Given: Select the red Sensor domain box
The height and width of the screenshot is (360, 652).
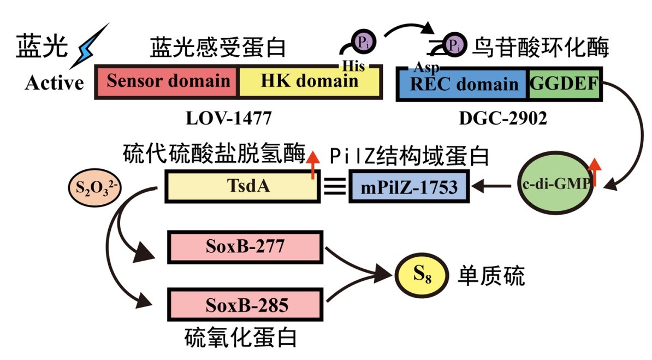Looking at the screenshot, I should point(167,82).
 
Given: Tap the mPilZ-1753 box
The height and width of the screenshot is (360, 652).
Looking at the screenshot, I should point(408,187).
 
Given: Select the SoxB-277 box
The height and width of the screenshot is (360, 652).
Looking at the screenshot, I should point(245,247).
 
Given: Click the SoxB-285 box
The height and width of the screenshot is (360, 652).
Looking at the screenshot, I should point(245,304).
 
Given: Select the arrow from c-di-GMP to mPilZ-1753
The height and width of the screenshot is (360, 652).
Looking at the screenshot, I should point(494,187).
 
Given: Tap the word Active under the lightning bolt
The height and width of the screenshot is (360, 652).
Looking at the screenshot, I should point(55,83).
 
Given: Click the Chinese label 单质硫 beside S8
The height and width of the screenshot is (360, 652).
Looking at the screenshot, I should point(492,276).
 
